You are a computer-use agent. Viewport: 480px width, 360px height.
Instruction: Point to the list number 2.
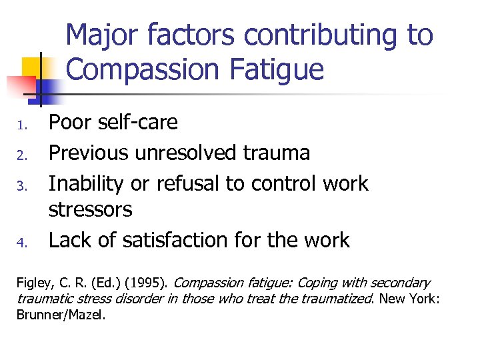click(x=20, y=155)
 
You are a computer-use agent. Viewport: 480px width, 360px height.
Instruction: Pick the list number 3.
click(x=20, y=185)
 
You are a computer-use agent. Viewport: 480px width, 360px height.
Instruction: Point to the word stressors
click(x=91, y=210)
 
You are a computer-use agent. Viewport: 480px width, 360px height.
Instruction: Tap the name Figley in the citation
click(x=32, y=283)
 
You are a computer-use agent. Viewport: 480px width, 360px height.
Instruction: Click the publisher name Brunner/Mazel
click(x=61, y=315)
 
